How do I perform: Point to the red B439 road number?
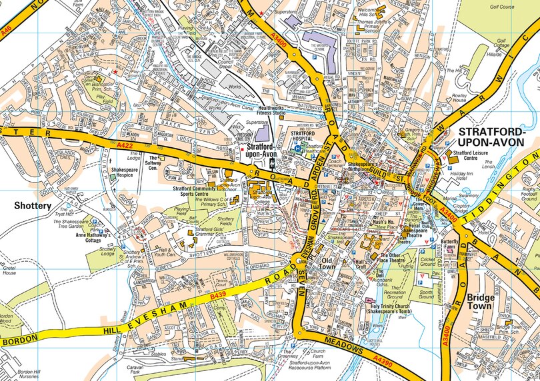[x=217, y=294]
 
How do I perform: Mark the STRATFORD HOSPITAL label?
[x=307, y=137]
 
